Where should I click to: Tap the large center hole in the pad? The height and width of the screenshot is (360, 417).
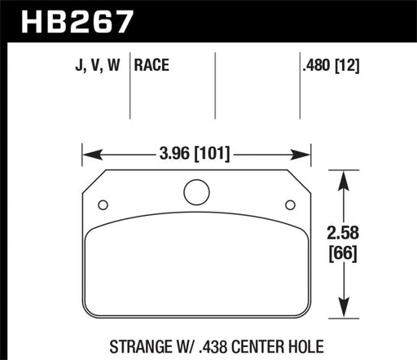(x=196, y=192)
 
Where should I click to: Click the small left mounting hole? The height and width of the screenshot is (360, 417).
(x=103, y=205)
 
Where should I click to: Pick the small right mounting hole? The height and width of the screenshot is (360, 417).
(x=290, y=205)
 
